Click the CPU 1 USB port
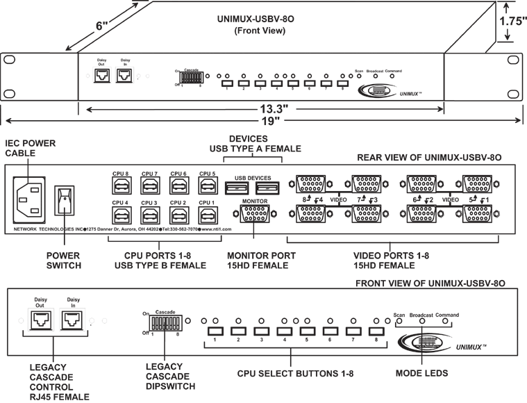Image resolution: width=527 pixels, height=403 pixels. (x=205, y=213)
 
